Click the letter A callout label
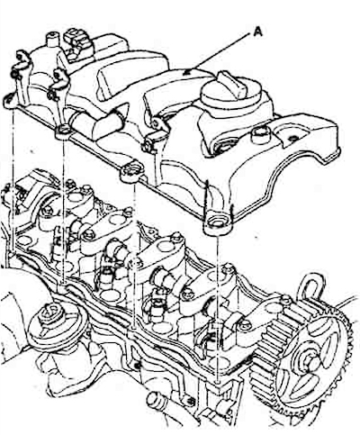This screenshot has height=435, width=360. click(257, 32)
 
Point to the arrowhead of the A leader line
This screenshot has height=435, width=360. click(187, 72)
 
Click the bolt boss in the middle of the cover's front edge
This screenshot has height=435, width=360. click(132, 172)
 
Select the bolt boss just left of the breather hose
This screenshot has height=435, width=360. click(64, 131)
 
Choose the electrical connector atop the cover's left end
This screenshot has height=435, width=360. click(77, 42)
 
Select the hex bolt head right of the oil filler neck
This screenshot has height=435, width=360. click(260, 135)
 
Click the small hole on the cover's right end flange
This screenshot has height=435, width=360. click(293, 138)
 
